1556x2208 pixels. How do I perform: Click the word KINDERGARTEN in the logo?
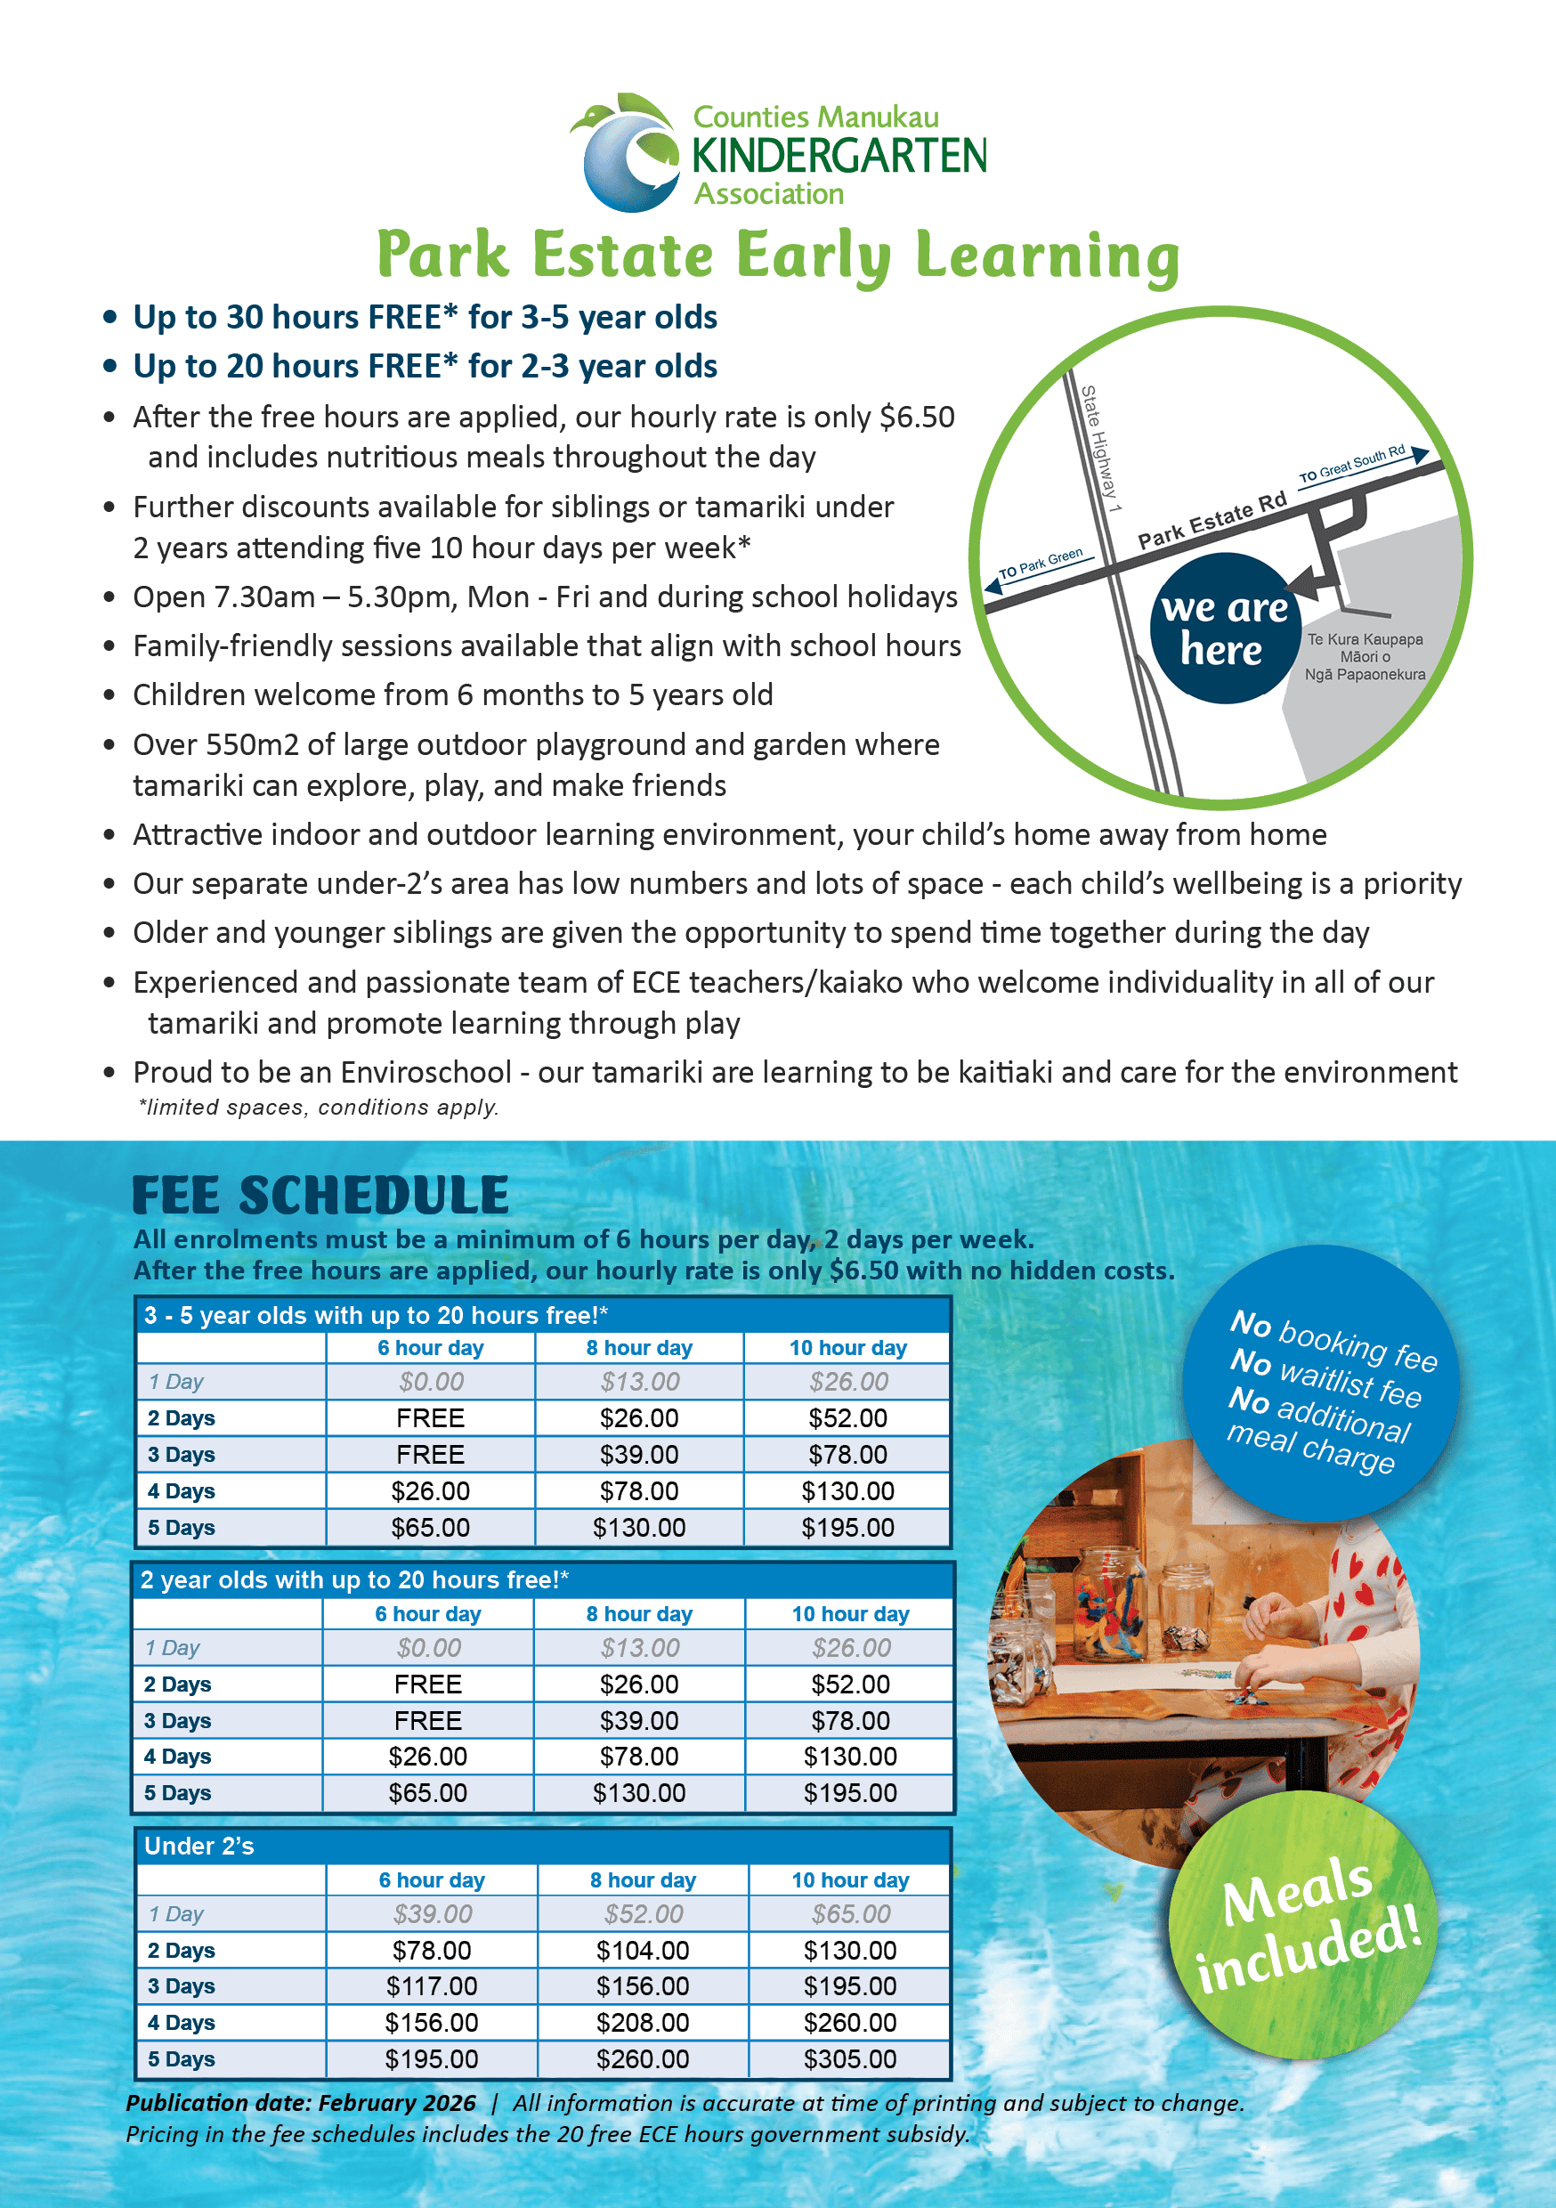click(839, 156)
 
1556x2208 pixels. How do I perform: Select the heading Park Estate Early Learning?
click(777, 256)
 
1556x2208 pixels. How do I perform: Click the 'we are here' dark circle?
click(1223, 629)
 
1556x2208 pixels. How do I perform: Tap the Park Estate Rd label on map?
click(1212, 520)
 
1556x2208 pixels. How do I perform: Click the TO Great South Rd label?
click(1352, 464)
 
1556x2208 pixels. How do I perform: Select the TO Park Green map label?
click(1041, 564)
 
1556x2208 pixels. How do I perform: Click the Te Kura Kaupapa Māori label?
click(1365, 657)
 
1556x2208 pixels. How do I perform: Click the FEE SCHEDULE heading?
click(320, 1196)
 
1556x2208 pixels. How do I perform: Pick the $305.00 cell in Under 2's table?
click(850, 2059)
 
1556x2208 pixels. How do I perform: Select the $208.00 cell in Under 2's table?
click(643, 2023)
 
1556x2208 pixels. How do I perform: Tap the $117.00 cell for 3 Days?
click(432, 1985)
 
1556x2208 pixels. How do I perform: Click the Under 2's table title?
click(199, 1846)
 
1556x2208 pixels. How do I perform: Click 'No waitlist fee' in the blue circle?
click(1325, 1378)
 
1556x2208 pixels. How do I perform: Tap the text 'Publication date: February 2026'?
click(301, 2103)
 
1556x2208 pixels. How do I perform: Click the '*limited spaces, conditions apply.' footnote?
click(319, 1107)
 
